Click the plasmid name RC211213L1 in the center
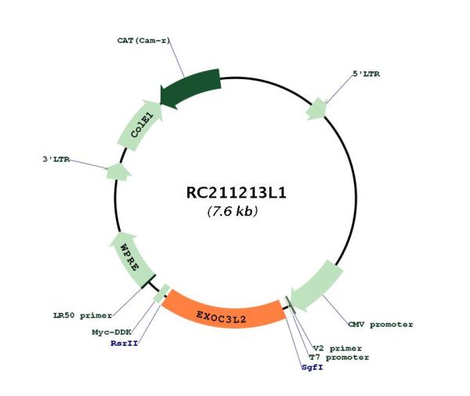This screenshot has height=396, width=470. [x=237, y=193]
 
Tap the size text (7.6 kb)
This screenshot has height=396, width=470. [x=233, y=211]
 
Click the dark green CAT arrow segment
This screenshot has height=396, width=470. [x=190, y=88]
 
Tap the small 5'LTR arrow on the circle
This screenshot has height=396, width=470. [x=316, y=109]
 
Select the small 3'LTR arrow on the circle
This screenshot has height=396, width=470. [x=118, y=173]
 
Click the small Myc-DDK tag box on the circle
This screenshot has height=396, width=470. [x=161, y=293]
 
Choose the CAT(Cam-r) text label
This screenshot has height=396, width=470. [x=143, y=40]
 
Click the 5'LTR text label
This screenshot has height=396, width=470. [x=366, y=74]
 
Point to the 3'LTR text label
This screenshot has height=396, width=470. [x=56, y=159]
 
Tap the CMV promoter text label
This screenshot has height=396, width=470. [x=381, y=325]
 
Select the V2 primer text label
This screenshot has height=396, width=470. [x=338, y=348]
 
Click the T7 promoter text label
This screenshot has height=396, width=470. [x=339, y=358]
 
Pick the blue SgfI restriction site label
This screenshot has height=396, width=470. [x=313, y=367]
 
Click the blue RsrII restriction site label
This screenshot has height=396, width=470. [x=125, y=343]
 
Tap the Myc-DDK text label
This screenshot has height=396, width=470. [x=112, y=332]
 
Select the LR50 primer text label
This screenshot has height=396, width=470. [x=83, y=315]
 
